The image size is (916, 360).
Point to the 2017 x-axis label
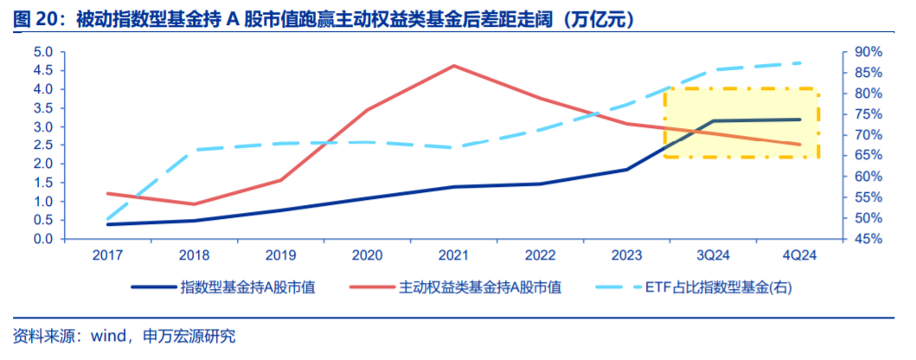(x=107, y=254)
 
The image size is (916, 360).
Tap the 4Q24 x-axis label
(x=799, y=254)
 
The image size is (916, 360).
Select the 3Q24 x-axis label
(x=713, y=254)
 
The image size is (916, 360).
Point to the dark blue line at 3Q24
(x=713, y=121)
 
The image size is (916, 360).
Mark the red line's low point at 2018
(x=194, y=204)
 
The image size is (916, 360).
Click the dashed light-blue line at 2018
(x=194, y=150)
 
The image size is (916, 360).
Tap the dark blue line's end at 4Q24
(x=799, y=119)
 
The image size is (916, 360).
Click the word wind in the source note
(x=109, y=336)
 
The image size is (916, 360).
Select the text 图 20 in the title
(x=31, y=19)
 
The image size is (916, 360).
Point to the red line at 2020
(x=367, y=110)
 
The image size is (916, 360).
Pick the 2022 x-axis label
(x=540, y=254)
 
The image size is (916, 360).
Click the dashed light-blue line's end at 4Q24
(x=799, y=63)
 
